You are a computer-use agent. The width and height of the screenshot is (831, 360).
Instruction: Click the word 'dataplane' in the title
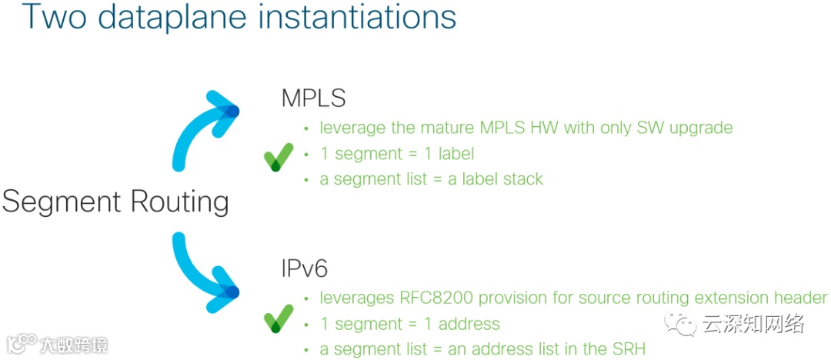point(170,16)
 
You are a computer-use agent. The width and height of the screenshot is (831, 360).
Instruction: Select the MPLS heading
point(314,99)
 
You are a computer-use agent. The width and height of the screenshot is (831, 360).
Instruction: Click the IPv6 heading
point(304,268)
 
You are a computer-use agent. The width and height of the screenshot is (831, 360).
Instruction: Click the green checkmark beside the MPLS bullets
point(279,157)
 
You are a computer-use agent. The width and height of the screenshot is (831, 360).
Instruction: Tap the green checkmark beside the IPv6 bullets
point(279,318)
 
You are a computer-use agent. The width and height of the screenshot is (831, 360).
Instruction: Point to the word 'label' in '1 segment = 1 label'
point(456,154)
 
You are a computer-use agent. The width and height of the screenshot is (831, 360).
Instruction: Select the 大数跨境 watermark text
point(74,345)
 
